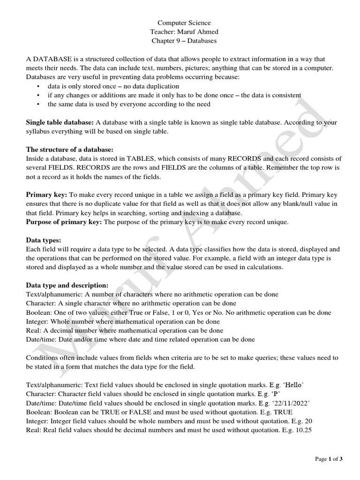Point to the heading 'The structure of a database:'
pyautogui.click(x=69, y=150)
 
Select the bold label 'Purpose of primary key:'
pyautogui.click(x=64, y=222)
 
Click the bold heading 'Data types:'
pyautogui.click(x=44, y=240)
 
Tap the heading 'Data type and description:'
pyautogui.click(x=67, y=285)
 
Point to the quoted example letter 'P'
pyautogui.click(x=278, y=394)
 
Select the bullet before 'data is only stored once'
pyautogui.click(x=38, y=87)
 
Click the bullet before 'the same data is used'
pyautogui.click(x=38, y=105)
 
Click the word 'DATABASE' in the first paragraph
pyautogui.click(x=52, y=60)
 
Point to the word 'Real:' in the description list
pyautogui.click(x=34, y=330)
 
